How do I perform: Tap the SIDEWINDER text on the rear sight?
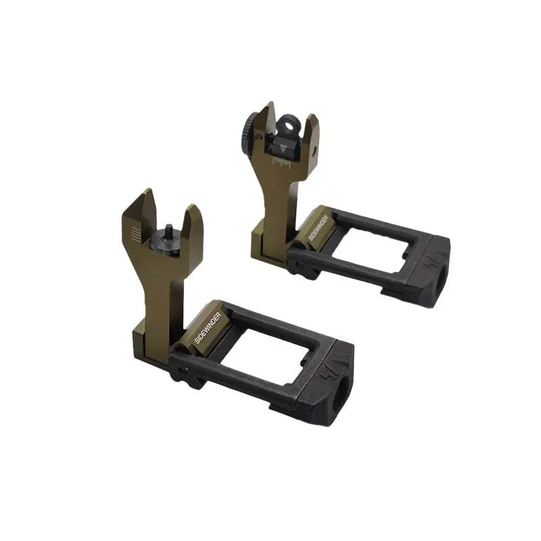pyautogui.click(x=317, y=229)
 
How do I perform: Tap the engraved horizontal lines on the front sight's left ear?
pyautogui.click(x=135, y=234)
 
